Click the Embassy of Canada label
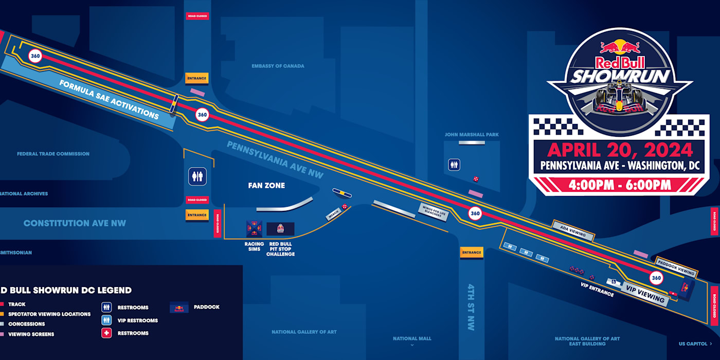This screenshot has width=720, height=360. [278, 66]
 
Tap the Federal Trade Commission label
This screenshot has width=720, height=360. [53, 154]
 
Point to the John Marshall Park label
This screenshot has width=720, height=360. [472, 135]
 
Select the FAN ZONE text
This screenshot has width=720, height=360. [266, 186]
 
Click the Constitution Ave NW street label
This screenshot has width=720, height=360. [75, 223]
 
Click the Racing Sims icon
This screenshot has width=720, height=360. [254, 228]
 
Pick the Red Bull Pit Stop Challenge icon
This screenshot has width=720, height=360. [280, 229]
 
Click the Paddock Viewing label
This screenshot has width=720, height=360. [676, 267]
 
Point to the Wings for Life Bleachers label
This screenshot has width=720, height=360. [433, 211]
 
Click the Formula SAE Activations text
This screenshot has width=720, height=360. [109, 99]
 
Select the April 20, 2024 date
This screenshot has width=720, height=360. [620, 150]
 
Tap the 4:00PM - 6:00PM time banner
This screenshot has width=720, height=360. [619, 185]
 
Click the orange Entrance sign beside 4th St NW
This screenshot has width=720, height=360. [472, 253]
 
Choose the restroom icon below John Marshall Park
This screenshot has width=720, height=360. [454, 165]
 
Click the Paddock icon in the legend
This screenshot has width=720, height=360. [179, 308]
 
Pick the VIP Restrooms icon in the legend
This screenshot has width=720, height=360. [106, 320]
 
